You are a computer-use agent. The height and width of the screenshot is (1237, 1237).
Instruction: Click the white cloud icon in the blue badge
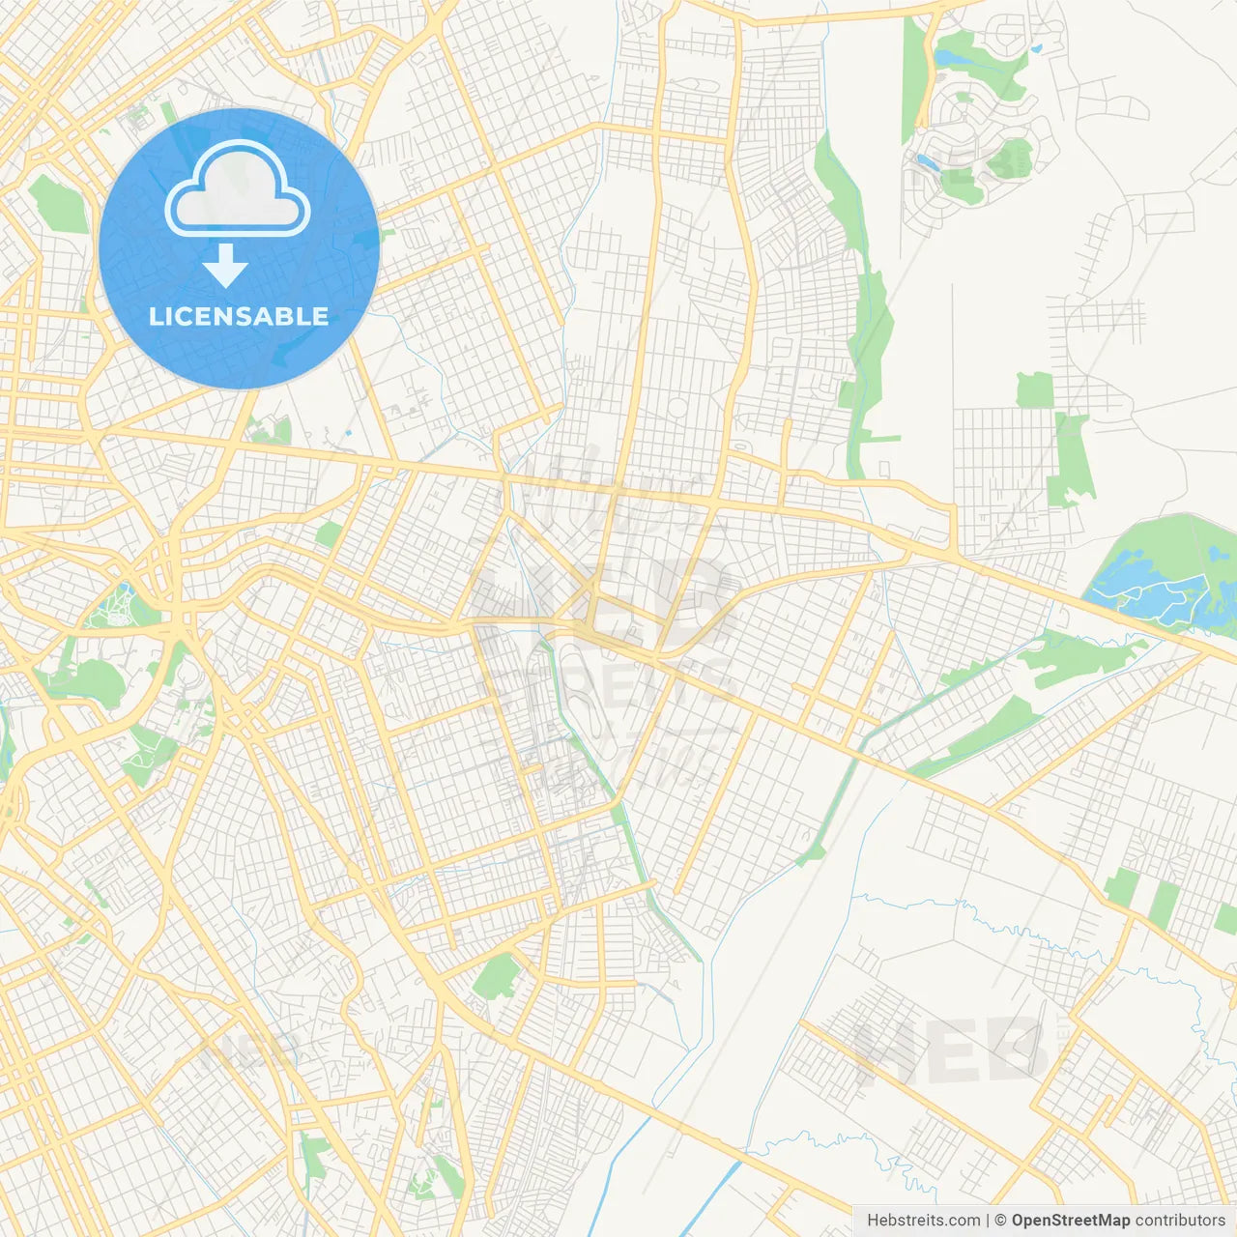237,188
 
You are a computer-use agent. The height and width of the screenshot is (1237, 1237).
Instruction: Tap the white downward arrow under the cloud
225,266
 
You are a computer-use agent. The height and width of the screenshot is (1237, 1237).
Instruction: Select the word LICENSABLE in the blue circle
239,316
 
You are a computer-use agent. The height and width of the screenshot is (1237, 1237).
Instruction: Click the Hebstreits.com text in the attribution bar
923,1221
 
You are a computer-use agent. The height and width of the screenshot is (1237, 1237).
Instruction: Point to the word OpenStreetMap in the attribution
1070,1221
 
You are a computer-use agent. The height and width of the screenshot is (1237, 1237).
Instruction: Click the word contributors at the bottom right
1180,1221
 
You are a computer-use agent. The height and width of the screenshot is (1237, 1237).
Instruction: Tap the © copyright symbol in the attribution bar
1000,1221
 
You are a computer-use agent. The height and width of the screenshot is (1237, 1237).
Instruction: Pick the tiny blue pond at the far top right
1036,46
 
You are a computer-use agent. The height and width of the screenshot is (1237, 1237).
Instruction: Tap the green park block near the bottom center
497,976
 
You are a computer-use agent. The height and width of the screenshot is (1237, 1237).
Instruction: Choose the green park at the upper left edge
58,203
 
